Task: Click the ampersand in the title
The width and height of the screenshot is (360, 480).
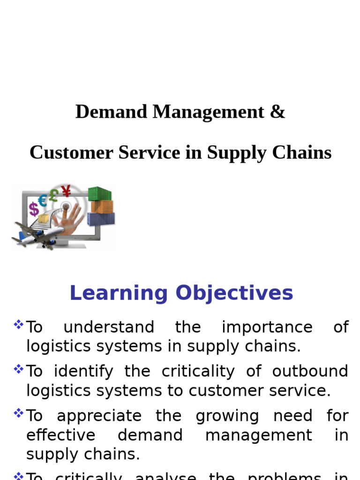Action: point(277,112)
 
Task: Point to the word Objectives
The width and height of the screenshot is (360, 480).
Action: point(234,293)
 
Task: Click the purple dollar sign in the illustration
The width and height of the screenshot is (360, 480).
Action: point(34,209)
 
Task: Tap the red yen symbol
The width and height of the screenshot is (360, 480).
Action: point(66,191)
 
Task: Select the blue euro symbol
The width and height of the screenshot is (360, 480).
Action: point(43,201)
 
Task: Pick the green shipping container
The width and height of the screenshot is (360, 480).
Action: point(99,193)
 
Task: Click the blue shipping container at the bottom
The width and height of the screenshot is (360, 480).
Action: point(101,219)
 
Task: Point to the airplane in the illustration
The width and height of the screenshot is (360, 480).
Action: point(37,234)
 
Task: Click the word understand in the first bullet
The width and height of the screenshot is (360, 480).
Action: point(109,327)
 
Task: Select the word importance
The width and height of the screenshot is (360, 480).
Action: point(267,327)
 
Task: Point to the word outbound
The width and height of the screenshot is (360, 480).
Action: point(310,371)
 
